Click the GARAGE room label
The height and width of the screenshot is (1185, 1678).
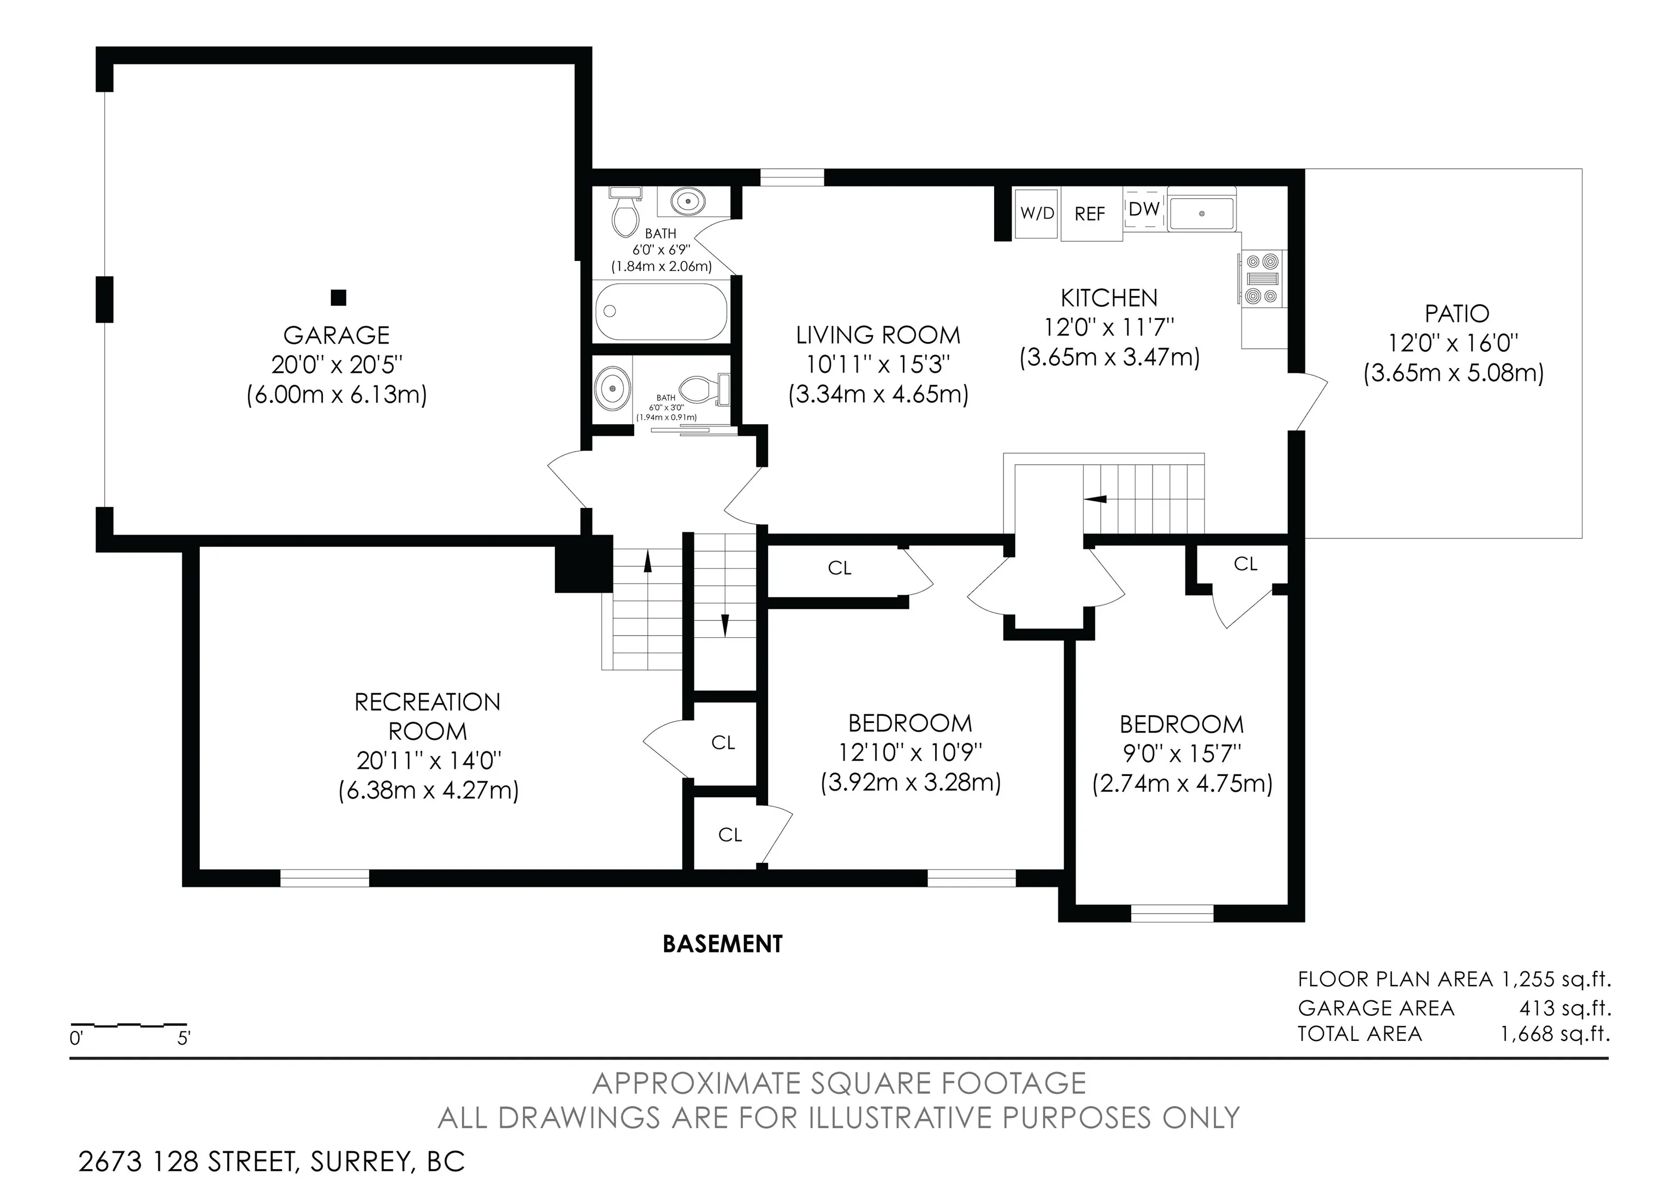coord(336,335)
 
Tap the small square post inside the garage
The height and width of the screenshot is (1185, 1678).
coord(338,298)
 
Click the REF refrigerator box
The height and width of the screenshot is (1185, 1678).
coord(1090,214)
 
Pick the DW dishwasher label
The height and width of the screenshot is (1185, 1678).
coord(1144,209)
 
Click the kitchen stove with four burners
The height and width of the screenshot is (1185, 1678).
coord(1263,277)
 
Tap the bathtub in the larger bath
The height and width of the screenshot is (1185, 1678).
coord(661,311)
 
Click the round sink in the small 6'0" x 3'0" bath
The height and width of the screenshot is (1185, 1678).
coord(612,389)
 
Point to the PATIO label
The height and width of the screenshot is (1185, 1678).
coord(1457,313)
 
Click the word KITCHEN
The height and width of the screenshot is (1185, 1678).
coord(1109,298)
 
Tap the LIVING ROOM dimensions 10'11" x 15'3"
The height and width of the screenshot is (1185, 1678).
coord(878,364)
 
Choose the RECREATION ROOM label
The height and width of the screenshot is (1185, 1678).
coord(428,716)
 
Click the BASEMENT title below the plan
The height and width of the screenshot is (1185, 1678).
coord(722,944)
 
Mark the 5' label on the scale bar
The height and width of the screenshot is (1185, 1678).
coord(184,1038)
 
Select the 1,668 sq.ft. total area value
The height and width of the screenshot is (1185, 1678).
coord(1555,1034)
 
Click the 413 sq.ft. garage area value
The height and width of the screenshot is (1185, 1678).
coord(1565,1008)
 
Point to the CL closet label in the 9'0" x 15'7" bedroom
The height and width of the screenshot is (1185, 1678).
coord(1245,564)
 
